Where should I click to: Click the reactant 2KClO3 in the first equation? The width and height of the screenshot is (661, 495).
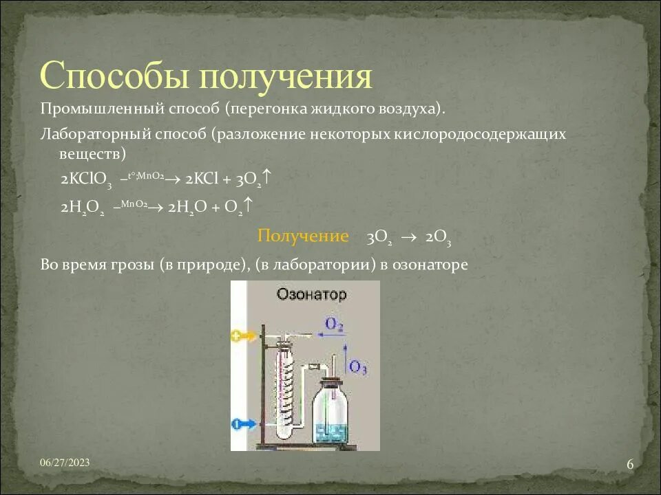[x=86, y=179]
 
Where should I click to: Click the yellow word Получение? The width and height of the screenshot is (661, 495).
[x=303, y=236]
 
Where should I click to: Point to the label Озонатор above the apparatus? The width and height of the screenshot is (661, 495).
[x=311, y=294]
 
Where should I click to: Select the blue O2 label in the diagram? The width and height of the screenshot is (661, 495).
[x=335, y=324]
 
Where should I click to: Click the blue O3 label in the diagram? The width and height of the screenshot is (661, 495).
[x=358, y=367]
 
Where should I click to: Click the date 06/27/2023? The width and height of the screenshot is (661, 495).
[x=64, y=463]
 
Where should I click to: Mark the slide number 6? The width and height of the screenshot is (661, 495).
[x=629, y=465]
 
